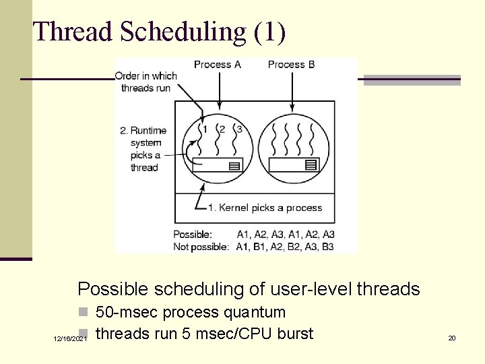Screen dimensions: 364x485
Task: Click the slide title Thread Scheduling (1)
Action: [x=160, y=32]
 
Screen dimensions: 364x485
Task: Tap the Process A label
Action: [x=217, y=65]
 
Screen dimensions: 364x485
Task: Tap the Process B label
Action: [x=291, y=65]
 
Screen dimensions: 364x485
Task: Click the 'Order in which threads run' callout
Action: [x=146, y=82]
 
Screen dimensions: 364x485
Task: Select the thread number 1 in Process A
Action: [x=205, y=129]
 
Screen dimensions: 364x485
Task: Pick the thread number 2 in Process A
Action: [x=222, y=129]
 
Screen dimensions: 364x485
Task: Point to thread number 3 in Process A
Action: [x=238, y=129]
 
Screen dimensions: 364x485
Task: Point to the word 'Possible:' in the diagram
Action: [x=193, y=235]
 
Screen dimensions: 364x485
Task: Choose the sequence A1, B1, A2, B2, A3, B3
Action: [x=285, y=247]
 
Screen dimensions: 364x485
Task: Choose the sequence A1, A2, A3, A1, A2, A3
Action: [x=286, y=235]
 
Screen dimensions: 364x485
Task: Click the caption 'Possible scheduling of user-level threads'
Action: [x=249, y=289]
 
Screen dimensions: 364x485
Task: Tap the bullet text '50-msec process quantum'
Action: [x=191, y=312]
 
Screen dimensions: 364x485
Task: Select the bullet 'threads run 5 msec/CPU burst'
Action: [x=204, y=333]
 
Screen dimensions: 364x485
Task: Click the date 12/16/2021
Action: [x=70, y=338]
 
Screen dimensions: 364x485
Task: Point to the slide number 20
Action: [x=452, y=338]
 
